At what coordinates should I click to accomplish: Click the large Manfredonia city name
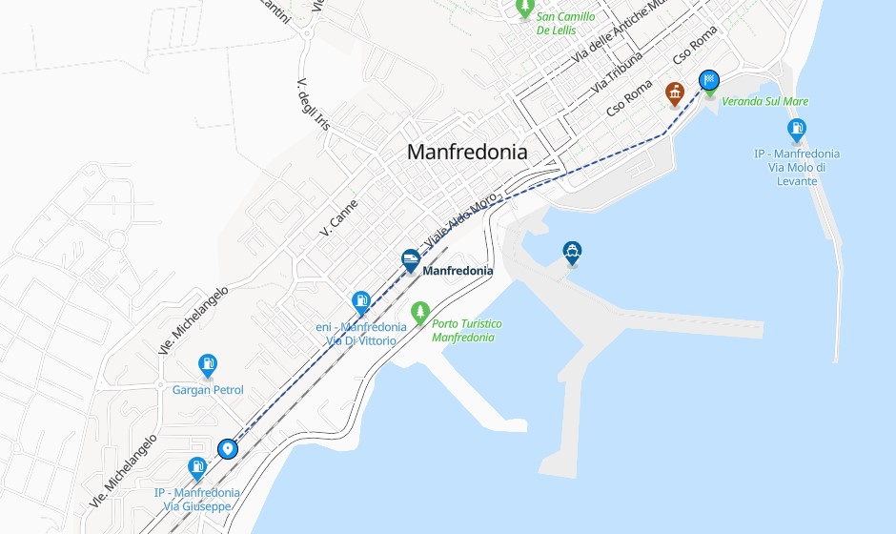pyautogui.click(x=467, y=152)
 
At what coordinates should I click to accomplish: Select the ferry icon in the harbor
pyautogui.click(x=572, y=253)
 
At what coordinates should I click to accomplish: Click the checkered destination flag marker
pyautogui.click(x=709, y=81)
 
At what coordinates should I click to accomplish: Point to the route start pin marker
pyautogui.click(x=227, y=448)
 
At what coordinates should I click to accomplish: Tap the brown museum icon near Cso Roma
pyautogui.click(x=675, y=93)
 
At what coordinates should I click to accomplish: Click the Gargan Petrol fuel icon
pyautogui.click(x=208, y=364)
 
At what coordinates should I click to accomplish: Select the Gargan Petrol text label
pyautogui.click(x=208, y=390)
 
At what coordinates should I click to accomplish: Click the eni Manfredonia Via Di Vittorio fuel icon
pyautogui.click(x=361, y=302)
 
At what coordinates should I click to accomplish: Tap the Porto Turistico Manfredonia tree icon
pyautogui.click(x=419, y=312)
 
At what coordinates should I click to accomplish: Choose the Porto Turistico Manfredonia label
pyautogui.click(x=467, y=330)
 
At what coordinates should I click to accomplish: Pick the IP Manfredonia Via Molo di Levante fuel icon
pyautogui.click(x=797, y=130)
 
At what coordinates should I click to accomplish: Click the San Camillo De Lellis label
pyautogui.click(x=565, y=23)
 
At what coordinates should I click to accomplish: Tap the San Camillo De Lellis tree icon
pyautogui.click(x=524, y=8)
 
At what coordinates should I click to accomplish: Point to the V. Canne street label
pyautogui.click(x=338, y=217)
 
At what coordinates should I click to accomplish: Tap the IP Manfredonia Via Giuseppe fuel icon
pyautogui.click(x=197, y=467)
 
